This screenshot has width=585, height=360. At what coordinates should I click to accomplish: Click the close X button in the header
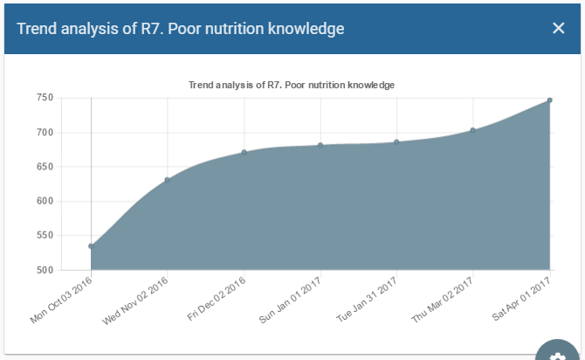(559, 28)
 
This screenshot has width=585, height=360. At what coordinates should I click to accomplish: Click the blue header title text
(180, 29)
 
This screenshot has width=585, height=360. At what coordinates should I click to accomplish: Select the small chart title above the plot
(292, 85)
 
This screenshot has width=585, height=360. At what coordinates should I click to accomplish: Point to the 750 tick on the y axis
(45, 98)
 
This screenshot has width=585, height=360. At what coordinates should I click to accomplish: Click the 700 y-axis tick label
(45, 133)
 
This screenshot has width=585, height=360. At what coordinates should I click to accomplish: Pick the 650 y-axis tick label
(45, 167)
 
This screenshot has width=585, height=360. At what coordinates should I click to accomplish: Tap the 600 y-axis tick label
(45, 201)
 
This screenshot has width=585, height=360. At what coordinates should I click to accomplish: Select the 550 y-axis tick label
(45, 236)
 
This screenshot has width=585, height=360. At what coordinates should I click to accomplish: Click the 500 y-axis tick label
(45, 270)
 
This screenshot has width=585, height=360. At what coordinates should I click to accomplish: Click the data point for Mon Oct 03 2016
(92, 246)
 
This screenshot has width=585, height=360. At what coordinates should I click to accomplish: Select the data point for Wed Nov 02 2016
(168, 180)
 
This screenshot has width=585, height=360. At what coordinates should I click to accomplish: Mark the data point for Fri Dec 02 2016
(244, 152)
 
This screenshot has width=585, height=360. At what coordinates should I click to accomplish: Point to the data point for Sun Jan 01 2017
(320, 145)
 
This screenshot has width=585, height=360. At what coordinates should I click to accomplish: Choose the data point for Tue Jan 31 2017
(396, 142)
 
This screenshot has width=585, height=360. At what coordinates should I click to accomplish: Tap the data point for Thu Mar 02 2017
(473, 130)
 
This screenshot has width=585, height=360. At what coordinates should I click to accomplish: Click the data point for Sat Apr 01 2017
(549, 100)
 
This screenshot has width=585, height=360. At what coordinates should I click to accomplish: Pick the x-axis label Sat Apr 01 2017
(522, 301)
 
